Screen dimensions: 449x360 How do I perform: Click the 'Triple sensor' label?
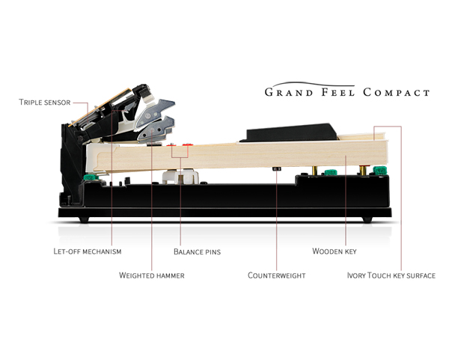(x=45, y=103)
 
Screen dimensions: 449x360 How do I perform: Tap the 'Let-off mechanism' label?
(x=88, y=251)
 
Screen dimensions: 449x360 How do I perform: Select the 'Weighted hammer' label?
(x=152, y=275)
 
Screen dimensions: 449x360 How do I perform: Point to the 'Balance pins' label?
(x=198, y=251)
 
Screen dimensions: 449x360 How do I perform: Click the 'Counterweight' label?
(x=277, y=275)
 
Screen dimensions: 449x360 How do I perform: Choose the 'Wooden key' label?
(x=335, y=251)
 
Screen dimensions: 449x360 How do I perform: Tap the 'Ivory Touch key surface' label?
(x=391, y=275)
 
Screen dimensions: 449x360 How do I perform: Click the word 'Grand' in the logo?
(x=289, y=92)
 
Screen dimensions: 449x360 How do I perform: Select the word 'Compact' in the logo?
(x=397, y=92)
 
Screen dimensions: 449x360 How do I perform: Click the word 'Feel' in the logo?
(x=338, y=92)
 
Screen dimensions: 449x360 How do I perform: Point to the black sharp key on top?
(x=289, y=132)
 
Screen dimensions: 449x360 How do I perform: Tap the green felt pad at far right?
(x=380, y=171)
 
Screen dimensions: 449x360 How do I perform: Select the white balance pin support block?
(x=180, y=177)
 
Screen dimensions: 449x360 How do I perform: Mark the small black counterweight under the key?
(x=276, y=168)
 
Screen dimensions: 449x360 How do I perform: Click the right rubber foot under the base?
(x=367, y=219)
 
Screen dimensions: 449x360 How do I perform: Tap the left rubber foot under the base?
(x=84, y=219)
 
